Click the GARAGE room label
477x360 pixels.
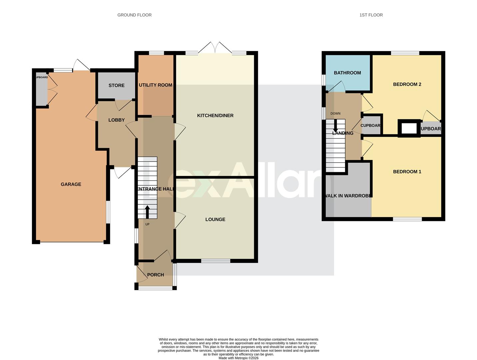71,184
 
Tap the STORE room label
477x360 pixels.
116,85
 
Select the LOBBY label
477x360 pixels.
116,120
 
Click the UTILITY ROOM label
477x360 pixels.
155,85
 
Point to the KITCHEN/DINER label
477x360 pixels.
215,116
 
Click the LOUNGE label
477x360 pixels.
215,219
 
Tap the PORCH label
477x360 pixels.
155,275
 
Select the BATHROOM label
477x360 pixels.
347,73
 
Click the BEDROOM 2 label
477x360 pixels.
407,84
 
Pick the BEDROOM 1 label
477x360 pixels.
407,172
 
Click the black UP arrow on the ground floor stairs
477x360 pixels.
147,212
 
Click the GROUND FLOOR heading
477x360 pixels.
134,15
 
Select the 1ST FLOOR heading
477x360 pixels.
371,15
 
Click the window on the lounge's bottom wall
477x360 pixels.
216,261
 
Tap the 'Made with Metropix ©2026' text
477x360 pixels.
238,358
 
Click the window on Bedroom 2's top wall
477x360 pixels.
405,53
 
